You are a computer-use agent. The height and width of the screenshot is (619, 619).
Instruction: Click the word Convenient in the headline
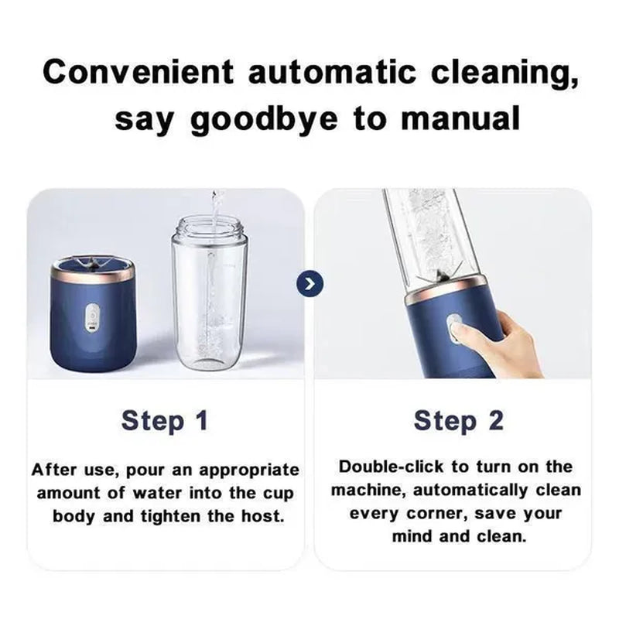pos(139,72)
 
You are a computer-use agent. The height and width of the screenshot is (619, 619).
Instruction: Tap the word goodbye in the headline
pos(265,121)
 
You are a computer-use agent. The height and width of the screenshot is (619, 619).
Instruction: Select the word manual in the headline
pos(460,119)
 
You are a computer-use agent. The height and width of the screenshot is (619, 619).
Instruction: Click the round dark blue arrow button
pos(310,284)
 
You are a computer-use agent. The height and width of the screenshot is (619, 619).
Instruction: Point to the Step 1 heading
pos(165,421)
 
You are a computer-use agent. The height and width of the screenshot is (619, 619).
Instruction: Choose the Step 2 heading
pos(459,421)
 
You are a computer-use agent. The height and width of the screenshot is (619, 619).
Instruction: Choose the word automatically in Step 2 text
pos(470,491)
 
